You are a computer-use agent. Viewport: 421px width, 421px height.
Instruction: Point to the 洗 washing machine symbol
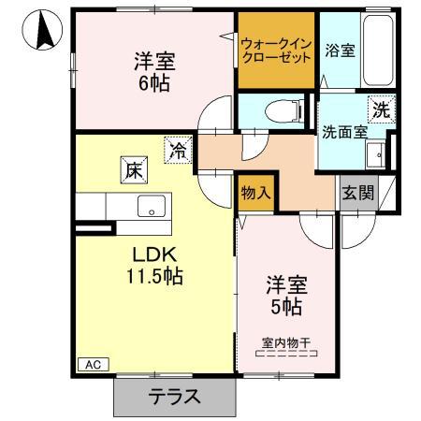381,109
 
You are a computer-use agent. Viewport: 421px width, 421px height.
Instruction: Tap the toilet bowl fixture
282,110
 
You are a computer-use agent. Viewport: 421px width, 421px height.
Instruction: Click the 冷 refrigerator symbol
176,148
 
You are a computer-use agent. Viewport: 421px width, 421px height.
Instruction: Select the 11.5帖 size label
148,277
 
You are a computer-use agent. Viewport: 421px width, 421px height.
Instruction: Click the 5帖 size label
286,304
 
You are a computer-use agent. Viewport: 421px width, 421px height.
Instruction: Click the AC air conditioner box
93,364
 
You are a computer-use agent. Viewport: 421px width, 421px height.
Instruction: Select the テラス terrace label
174,396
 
